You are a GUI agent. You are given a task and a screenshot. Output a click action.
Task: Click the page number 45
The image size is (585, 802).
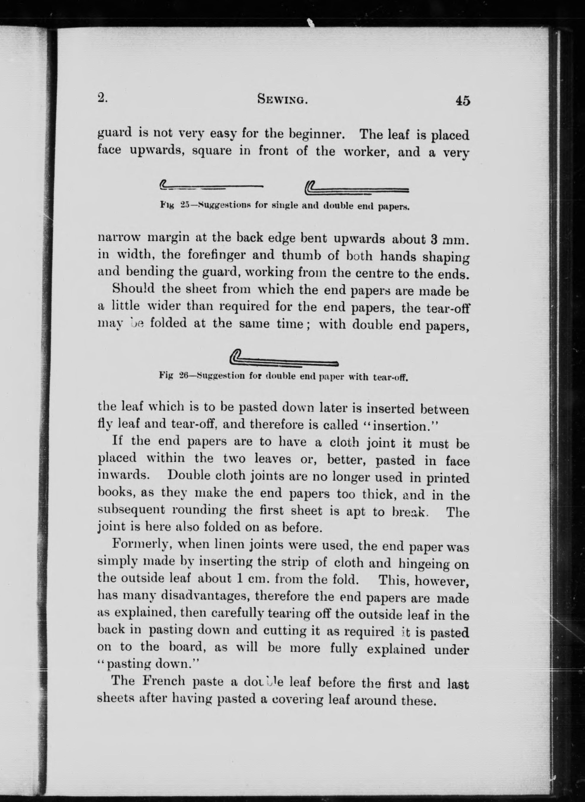tap(463, 101)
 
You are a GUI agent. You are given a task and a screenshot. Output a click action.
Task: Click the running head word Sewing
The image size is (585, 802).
tap(282, 100)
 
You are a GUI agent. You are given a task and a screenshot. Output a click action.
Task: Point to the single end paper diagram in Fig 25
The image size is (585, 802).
tap(211, 185)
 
